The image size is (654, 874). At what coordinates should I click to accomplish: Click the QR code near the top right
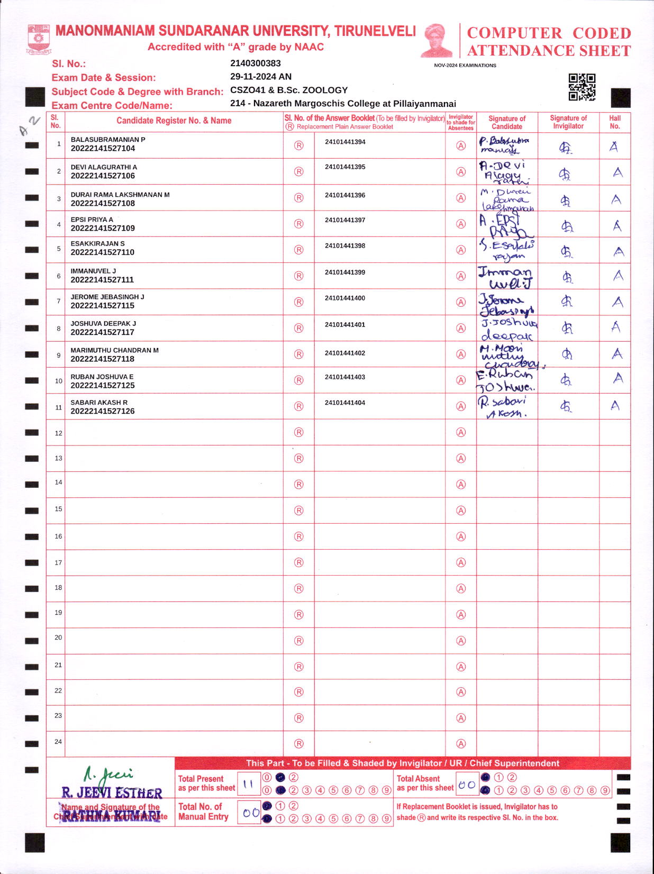pyautogui.click(x=582, y=87)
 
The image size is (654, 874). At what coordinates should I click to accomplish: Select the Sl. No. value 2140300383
pyautogui.click(x=255, y=63)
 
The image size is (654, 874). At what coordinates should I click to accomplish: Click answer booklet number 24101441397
pyautogui.click(x=345, y=220)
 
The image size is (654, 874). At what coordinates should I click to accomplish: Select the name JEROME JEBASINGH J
pyautogui.click(x=107, y=297)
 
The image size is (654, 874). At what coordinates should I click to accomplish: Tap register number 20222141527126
pyautogui.click(x=103, y=411)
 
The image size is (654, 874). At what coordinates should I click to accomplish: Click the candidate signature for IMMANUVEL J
pyautogui.click(x=505, y=277)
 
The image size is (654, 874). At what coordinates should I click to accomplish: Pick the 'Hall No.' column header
pyautogui.click(x=614, y=122)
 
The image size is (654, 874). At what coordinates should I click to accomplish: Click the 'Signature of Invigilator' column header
pyautogui.click(x=568, y=122)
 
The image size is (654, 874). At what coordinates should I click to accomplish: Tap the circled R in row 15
pyautogui.click(x=299, y=511)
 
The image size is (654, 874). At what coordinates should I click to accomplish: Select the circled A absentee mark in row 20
pyautogui.click(x=461, y=641)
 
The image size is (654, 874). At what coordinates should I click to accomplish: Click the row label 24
pyautogui.click(x=58, y=742)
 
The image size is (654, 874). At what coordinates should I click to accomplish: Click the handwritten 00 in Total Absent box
pyautogui.click(x=467, y=785)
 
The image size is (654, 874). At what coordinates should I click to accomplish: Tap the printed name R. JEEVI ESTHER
pyautogui.click(x=112, y=793)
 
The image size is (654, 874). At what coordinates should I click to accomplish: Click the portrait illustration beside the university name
pyautogui.click(x=437, y=40)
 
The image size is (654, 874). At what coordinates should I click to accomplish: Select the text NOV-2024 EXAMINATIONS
pyautogui.click(x=465, y=66)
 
